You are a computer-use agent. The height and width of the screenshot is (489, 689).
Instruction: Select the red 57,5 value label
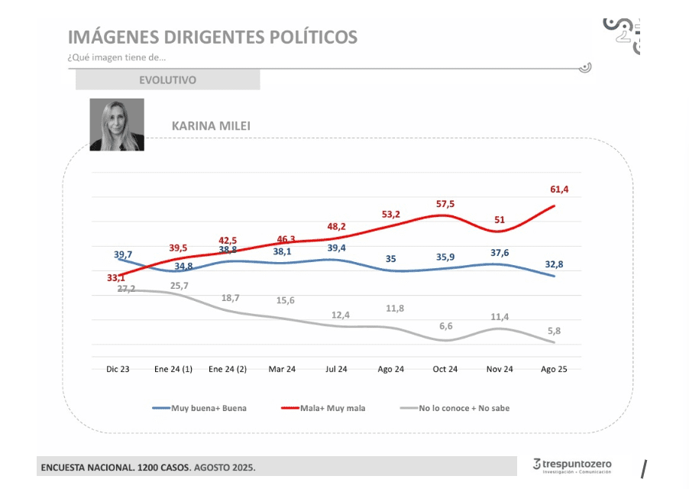pos(445,204)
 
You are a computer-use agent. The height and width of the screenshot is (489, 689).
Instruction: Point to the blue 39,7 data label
pos(123,254)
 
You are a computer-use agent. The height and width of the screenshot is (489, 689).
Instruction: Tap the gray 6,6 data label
pos(445,325)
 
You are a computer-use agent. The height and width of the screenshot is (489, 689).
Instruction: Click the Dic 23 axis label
pos(117,369)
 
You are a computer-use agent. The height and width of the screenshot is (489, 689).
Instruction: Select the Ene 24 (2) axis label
pos(227,369)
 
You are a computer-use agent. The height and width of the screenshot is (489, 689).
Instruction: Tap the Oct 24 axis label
pos(445,369)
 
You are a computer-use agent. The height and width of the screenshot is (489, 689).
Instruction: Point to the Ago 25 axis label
pos(555,369)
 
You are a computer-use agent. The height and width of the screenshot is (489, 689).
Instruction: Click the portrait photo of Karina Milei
pos(117,125)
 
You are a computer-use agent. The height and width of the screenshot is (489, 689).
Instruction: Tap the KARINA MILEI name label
pos(200,125)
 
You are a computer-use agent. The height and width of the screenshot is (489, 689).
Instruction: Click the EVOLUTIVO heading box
pos(167,79)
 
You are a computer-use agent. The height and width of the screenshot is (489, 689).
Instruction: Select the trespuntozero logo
pos(572,465)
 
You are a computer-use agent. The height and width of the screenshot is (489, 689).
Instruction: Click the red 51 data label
pos(500,220)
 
